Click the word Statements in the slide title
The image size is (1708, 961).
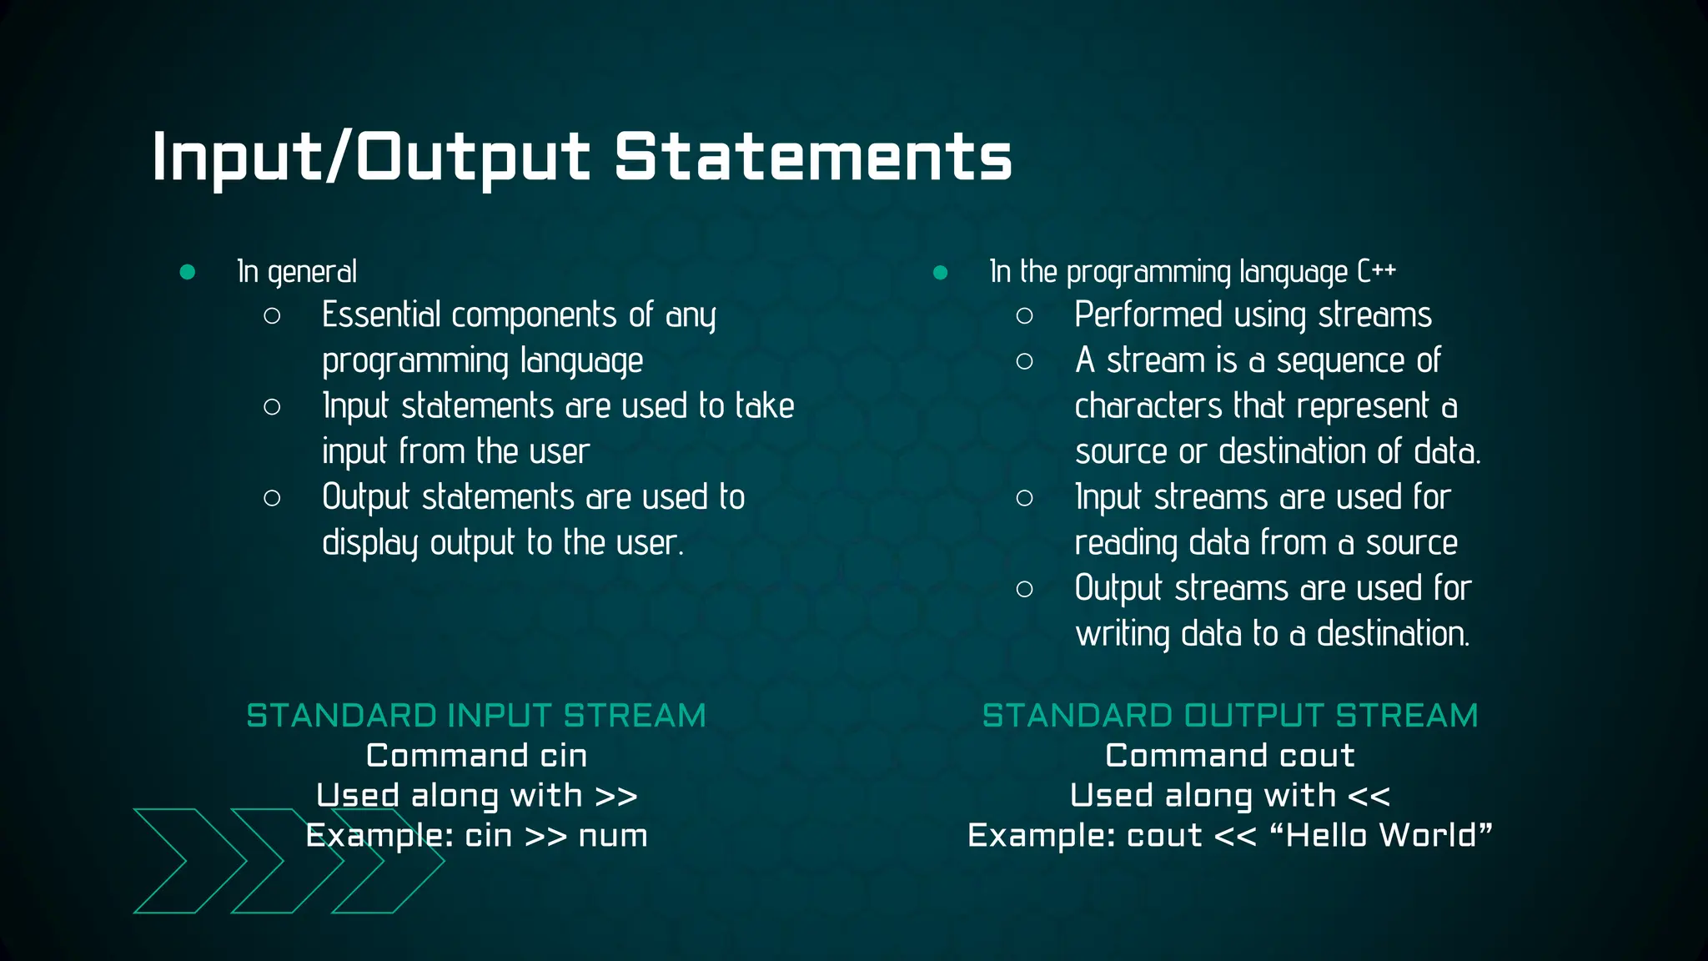(x=813, y=157)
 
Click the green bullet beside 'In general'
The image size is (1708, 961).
(x=188, y=272)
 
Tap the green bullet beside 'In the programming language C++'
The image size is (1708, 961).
(x=940, y=272)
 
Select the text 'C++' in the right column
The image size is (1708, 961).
(x=1376, y=271)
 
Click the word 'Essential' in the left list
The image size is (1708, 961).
(x=381, y=315)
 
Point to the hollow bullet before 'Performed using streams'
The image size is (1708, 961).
(x=1024, y=316)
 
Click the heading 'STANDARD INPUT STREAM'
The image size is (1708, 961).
(x=476, y=716)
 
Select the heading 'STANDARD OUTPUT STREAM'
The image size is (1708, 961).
(x=1229, y=716)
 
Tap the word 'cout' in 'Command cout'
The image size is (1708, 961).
(x=1317, y=756)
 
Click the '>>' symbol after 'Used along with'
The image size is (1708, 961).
(x=616, y=796)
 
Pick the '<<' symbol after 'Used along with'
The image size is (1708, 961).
(x=1369, y=796)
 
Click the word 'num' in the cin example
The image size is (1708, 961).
(x=613, y=836)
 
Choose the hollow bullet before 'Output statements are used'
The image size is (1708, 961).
(x=272, y=498)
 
